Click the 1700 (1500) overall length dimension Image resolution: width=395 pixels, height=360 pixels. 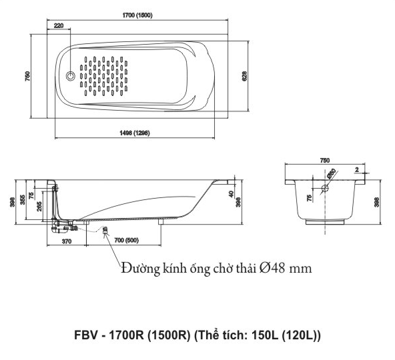pyautogui.click(x=137, y=15)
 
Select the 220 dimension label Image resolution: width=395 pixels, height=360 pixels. pyautogui.click(x=59, y=25)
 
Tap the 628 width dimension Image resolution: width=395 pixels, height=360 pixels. pyautogui.click(x=244, y=76)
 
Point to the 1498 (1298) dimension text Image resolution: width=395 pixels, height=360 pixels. pyautogui.click(x=135, y=133)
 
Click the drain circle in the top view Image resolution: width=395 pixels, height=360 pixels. pyautogui.click(x=71, y=75)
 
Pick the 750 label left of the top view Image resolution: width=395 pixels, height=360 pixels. pyautogui.click(x=27, y=76)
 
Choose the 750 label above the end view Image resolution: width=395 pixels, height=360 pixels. pyautogui.click(x=325, y=160)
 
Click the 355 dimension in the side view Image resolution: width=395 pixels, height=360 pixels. pyautogui.click(x=23, y=199)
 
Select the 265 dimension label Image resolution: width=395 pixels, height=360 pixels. pyautogui.click(x=39, y=206)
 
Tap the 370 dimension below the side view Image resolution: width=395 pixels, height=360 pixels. pyautogui.click(x=67, y=241)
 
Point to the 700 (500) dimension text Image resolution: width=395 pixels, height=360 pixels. pyautogui.click(x=127, y=241)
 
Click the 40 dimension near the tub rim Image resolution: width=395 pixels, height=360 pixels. pyautogui.click(x=232, y=194)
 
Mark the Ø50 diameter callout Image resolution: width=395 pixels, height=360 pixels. pyautogui.click(x=332, y=174)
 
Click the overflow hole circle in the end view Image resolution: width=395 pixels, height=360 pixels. pyautogui.click(x=325, y=188)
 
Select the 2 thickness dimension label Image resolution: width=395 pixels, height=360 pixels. pyautogui.click(x=357, y=170)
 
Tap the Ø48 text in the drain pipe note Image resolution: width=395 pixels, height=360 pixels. pyautogui.click(x=273, y=269)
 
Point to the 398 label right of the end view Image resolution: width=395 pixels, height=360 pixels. pyautogui.click(x=376, y=202)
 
